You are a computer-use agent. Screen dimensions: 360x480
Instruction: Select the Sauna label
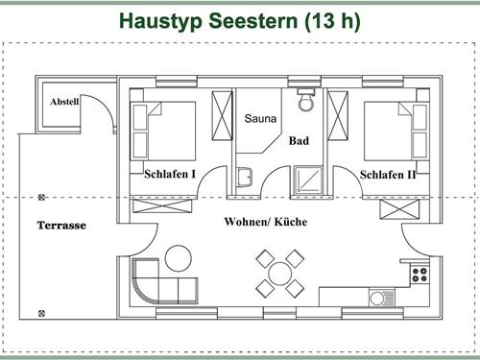260,120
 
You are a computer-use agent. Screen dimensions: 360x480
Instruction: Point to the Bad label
300,140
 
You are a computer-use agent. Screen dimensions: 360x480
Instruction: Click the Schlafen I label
170,175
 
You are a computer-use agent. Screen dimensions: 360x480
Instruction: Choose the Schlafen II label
389,175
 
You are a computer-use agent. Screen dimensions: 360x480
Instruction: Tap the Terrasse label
61,226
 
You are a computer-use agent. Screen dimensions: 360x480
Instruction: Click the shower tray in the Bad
309,175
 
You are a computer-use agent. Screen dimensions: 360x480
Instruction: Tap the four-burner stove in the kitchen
420,274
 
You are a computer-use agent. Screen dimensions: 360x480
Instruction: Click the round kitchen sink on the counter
377,299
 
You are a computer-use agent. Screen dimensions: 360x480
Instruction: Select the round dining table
279,272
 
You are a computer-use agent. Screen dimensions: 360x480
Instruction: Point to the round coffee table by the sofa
177,257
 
